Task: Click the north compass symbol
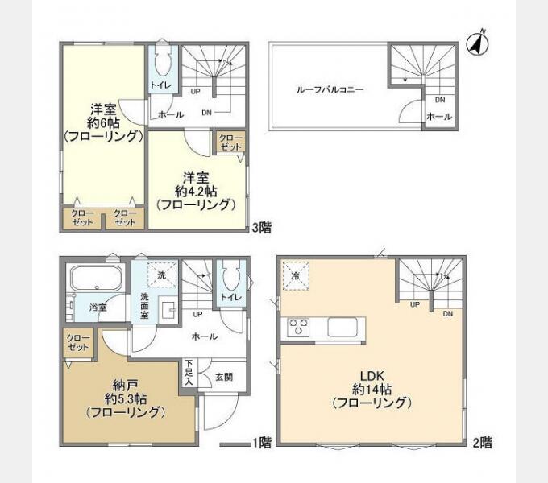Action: pos(478,44)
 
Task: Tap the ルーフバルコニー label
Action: pos(330,89)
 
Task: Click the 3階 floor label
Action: pos(262,228)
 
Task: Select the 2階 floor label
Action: pos(483,443)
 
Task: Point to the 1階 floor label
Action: pos(262,443)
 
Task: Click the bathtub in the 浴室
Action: pos(98,279)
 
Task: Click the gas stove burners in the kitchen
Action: pos(298,328)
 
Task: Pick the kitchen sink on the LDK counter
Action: pos(342,328)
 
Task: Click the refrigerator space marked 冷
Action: pos(296,275)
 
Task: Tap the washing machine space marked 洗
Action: pos(162,275)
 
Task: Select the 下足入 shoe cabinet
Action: pos(189,373)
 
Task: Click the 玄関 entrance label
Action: pos(224,378)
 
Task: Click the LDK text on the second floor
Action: pos(372,376)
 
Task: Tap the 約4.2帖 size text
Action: pos(196,192)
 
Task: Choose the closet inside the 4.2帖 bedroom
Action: pos(230,142)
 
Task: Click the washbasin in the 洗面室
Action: pos(169,308)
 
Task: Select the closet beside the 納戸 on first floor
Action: pos(79,343)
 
